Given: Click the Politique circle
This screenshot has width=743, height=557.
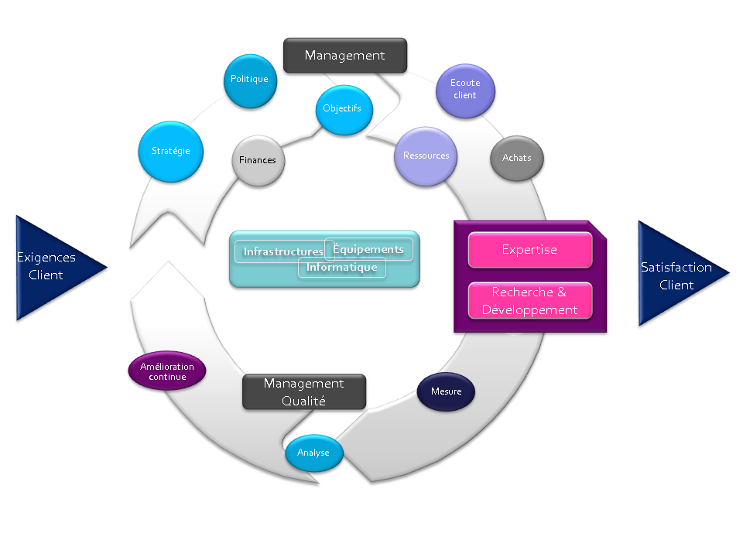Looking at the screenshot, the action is pos(250,81).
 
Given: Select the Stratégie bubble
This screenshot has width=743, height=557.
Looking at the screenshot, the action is pos(170,152).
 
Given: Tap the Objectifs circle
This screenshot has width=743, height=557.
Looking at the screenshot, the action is pos(344,110).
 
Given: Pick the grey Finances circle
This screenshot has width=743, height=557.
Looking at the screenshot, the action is pos(259,161).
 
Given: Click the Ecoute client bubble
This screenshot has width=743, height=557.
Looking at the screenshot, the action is pos(465,91).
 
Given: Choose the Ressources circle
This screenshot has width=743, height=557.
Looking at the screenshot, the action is pos(426,156).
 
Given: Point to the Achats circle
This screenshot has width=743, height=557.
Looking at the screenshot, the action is pos(516,158).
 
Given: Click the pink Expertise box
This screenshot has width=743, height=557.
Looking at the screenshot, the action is pos(530,250).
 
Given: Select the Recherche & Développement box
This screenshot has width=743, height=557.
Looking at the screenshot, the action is pos(530,301).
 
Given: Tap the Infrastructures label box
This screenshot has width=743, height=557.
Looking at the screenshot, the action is pos(284,251).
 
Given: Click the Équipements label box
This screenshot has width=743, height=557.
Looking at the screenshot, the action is pos(368,249).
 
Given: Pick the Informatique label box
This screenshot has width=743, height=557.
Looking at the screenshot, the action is pos(341,267).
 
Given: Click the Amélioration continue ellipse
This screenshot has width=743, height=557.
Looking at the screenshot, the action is pos(167,371).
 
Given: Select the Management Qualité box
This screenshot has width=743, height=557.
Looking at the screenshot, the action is pos(304,391).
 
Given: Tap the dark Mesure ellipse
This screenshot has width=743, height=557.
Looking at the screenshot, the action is pos(446,391).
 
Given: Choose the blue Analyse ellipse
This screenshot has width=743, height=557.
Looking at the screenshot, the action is pos(313,453).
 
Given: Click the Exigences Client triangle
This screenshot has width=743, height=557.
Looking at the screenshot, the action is pos(56,268).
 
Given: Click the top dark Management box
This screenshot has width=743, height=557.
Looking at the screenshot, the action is pos(345,56).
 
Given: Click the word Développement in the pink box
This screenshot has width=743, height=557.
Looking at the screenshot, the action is pos(529,309).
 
